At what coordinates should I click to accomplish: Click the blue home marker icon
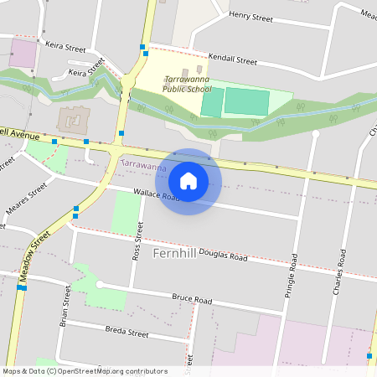188,181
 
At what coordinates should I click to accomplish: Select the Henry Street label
251,15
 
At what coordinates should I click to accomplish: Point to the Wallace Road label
157,197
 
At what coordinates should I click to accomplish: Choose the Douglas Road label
223,256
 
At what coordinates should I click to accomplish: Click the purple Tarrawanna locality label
144,167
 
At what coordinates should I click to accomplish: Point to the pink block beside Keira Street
23,54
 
